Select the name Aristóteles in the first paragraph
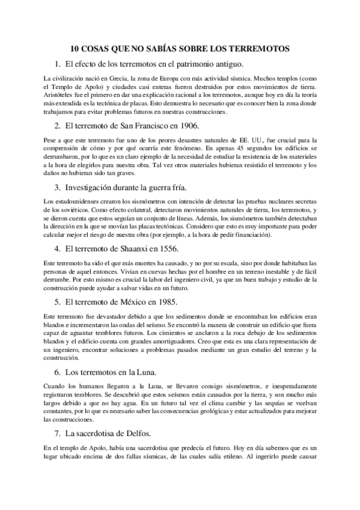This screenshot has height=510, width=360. [60, 95]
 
